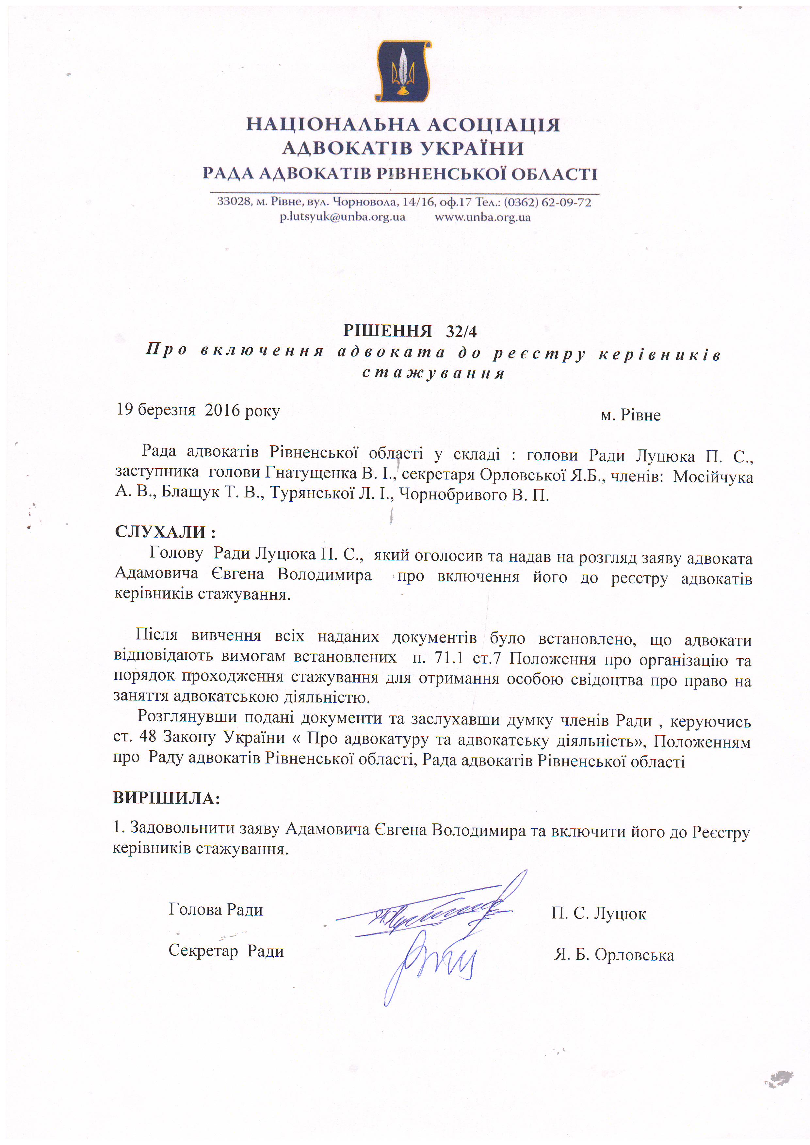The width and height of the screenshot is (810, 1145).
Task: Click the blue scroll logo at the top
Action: (x=403, y=71)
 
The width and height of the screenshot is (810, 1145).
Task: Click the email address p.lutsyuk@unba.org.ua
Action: (x=342, y=217)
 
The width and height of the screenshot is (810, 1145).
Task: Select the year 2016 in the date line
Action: (x=223, y=410)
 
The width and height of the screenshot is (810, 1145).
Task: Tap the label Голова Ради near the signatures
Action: (x=216, y=909)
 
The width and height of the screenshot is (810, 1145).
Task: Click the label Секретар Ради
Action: (x=226, y=950)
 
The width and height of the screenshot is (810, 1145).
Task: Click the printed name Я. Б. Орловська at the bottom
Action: (x=614, y=954)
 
